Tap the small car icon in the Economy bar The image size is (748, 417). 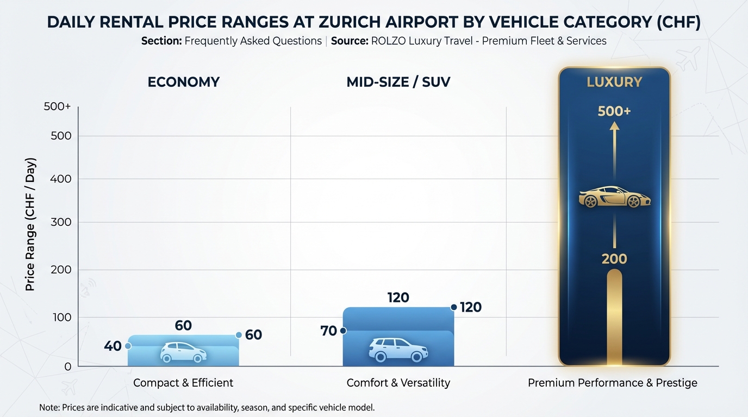coord(183,352)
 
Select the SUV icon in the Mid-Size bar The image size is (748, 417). coord(397,350)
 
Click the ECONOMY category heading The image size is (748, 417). coord(184,82)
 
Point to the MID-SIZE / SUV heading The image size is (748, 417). coord(398,82)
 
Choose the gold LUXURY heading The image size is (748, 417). coord(614,83)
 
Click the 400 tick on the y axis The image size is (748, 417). coord(61,179)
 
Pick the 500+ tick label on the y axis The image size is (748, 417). coord(58,107)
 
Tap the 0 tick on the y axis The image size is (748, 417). coord(67,367)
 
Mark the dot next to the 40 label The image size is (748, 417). coord(128,346)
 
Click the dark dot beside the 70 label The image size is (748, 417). coord(343,331)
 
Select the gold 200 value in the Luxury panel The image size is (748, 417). coord(614,259)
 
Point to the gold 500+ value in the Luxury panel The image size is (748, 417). coord(614,111)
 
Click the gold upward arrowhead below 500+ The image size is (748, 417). coord(614,126)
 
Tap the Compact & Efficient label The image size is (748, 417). coord(183,383)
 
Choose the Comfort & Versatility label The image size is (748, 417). coord(398,383)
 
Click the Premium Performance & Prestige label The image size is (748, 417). coord(613,383)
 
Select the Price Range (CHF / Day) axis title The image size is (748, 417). coord(30,224)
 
